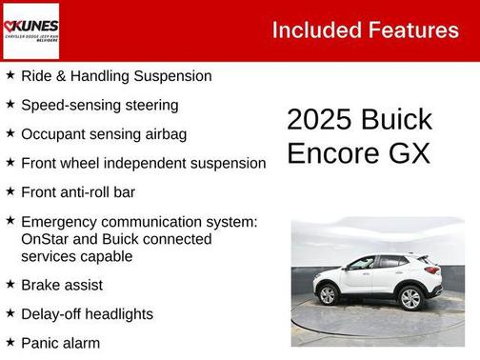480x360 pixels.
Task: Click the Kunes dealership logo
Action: [x=30, y=30]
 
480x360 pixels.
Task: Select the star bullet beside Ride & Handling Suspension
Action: [x=10, y=75]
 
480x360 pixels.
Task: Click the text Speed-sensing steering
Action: [x=100, y=105]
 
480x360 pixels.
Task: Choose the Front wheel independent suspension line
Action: [x=143, y=163]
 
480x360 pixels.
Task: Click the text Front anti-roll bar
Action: [x=78, y=192]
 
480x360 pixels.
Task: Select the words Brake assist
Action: [x=62, y=285]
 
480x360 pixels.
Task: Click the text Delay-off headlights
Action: [x=87, y=313]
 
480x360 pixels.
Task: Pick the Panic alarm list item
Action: [x=60, y=342]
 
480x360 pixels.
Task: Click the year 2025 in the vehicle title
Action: [x=319, y=120]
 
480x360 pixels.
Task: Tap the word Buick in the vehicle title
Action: [x=396, y=120]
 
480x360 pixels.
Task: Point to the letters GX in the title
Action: [x=408, y=153]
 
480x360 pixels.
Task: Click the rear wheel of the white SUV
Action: [x=410, y=297]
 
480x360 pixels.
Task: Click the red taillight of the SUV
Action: [x=433, y=270]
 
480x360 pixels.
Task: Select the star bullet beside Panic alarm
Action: [x=10, y=341]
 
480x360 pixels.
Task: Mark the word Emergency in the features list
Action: [x=66, y=222]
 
